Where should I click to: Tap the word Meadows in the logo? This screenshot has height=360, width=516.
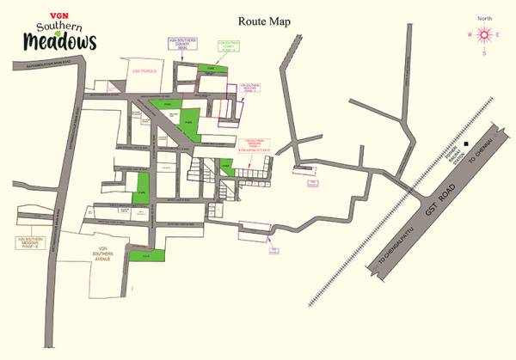tap(61, 40)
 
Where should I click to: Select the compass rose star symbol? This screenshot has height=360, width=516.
tap(484, 35)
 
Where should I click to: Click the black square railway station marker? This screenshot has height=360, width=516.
tap(466, 144)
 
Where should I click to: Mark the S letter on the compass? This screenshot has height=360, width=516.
tap(484, 53)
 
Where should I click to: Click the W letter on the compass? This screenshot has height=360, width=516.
tap(469, 35)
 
